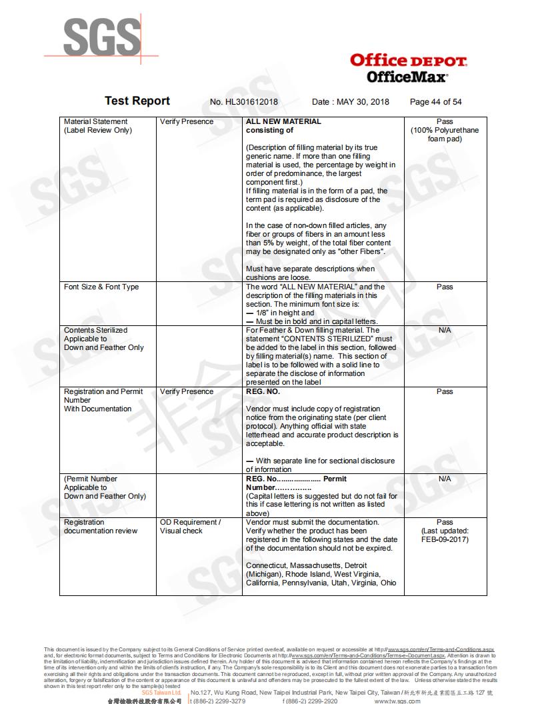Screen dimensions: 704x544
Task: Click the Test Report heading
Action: (x=137, y=101)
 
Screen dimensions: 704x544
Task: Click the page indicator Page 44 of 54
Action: (x=435, y=102)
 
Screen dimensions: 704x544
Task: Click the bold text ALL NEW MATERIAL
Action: (x=283, y=121)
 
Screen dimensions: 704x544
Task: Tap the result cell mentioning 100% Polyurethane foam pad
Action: (x=445, y=131)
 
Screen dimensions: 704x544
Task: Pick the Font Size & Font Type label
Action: (x=101, y=287)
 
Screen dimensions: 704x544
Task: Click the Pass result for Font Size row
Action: (x=445, y=287)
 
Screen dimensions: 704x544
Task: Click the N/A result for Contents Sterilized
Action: (x=445, y=330)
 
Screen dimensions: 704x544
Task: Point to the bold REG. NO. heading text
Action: (x=263, y=391)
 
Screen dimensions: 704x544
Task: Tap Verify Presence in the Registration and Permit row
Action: (x=187, y=391)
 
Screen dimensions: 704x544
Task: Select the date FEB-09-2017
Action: (x=445, y=539)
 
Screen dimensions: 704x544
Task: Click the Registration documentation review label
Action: (x=100, y=527)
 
